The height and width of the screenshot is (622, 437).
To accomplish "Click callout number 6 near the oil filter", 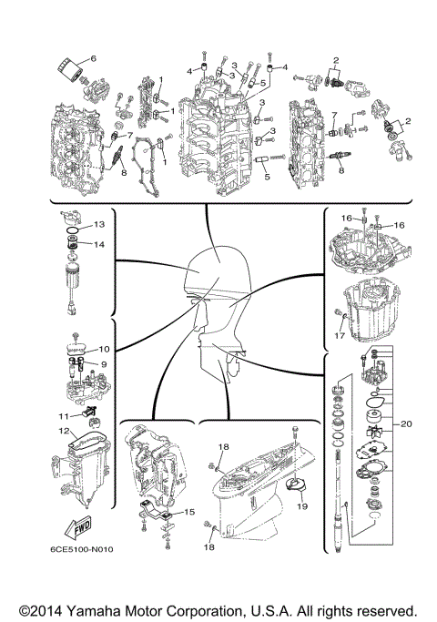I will click(93, 58).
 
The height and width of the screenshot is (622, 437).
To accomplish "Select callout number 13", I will click(99, 224).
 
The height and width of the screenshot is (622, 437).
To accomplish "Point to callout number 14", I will click(99, 244).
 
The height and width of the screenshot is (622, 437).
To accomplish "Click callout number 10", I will click(104, 349).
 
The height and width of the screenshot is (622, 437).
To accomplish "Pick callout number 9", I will click(104, 363).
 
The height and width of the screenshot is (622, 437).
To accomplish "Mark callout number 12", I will click(64, 430).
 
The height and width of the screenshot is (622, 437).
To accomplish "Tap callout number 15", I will click(189, 512).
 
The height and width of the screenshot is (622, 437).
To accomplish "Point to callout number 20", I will click(406, 423).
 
